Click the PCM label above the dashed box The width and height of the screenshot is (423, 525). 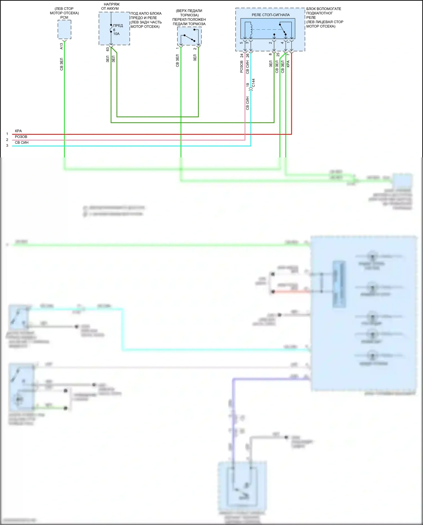[x=64, y=17]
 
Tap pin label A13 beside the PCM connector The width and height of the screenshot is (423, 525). [x=61, y=46]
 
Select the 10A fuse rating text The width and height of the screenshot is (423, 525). [x=116, y=34]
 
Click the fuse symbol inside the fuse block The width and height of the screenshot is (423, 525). [x=111, y=28]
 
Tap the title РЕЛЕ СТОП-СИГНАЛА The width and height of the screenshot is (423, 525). [x=270, y=15]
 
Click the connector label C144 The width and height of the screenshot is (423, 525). [x=254, y=83]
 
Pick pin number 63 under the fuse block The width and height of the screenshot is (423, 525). [x=108, y=49]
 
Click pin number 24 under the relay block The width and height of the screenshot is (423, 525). [x=242, y=56]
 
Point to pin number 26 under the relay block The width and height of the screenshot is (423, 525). [x=248, y=56]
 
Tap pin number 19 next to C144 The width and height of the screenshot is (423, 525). [x=248, y=85]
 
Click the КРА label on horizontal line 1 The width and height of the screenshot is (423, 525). [x=18, y=131]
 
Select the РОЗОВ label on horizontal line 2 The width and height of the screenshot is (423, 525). [x=21, y=137]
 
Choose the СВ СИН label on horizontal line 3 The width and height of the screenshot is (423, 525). [x=22, y=143]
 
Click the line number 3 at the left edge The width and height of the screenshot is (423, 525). [x=7, y=146]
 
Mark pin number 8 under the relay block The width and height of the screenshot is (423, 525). [x=270, y=54]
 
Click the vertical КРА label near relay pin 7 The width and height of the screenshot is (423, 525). [x=288, y=64]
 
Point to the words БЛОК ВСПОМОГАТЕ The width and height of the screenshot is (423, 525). [x=324, y=9]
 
